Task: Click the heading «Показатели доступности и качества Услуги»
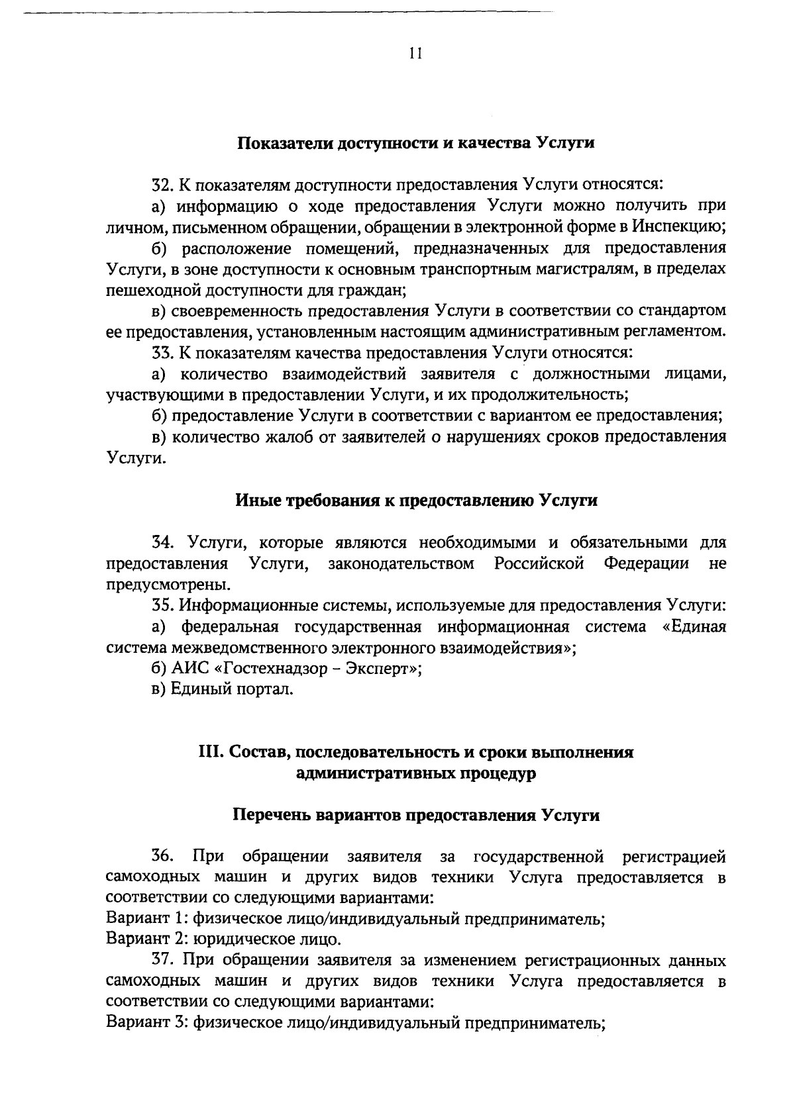tap(416, 143)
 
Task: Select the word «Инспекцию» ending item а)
tap(677, 226)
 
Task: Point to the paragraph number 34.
tap(162, 544)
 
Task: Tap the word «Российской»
tap(539, 564)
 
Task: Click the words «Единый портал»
tap(231, 690)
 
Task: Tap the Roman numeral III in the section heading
tap(211, 753)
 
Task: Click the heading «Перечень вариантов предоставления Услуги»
tap(416, 816)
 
